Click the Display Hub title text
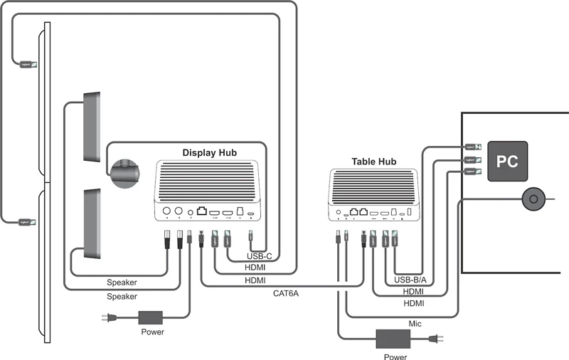[x=210, y=152]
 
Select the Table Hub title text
[x=373, y=162]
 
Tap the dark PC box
[x=506, y=162]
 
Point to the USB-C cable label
[x=259, y=256]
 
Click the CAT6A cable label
[x=286, y=292]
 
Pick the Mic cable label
[x=415, y=324]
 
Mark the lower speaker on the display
[x=94, y=223]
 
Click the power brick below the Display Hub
[x=151, y=318]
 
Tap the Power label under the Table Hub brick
[x=395, y=356]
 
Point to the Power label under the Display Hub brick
[x=152, y=332]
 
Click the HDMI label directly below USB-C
[x=255, y=268]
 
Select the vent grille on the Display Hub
[x=210, y=182]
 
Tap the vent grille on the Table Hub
[x=373, y=188]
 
